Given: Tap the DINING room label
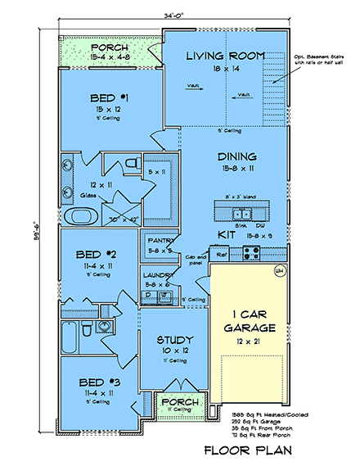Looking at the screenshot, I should [238, 156].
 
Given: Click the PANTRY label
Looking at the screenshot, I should [158, 241].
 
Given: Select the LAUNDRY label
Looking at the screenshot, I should [156, 275].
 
